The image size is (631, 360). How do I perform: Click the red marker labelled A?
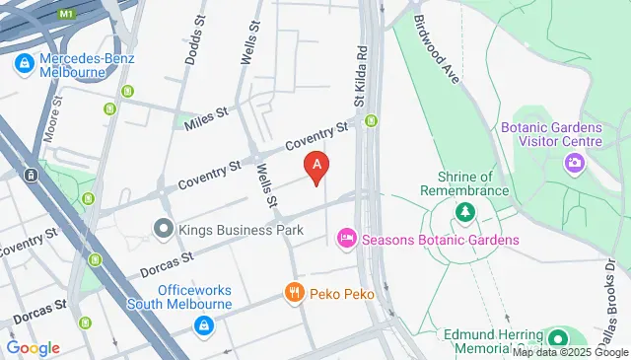click(x=315, y=169)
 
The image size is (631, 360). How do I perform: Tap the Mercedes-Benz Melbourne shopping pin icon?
click(x=22, y=65)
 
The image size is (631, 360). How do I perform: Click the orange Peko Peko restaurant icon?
click(x=293, y=293)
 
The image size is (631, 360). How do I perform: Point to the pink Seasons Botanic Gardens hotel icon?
click(x=345, y=238)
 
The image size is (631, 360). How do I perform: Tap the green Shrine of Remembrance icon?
click(x=463, y=211)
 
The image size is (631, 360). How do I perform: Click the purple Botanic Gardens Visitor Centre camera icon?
click(x=574, y=163)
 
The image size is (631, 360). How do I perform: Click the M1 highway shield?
click(x=67, y=15)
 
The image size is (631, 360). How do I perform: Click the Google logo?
click(x=33, y=348)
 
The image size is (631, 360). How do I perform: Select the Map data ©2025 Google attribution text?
click(x=570, y=352)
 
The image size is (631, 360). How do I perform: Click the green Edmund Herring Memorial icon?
click(x=557, y=337)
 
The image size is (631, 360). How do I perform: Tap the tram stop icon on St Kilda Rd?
click(x=372, y=121)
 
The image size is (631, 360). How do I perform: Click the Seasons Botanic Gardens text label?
click(x=440, y=239)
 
